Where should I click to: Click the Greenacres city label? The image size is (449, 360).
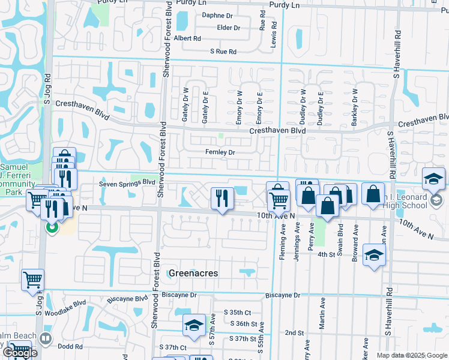click(193, 273)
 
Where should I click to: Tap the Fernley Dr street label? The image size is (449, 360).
click(220, 152)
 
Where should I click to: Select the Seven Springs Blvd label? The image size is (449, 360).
click(127, 181)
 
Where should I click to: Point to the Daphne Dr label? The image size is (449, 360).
click(217, 15)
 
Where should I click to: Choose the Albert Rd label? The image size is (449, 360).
click(187, 38)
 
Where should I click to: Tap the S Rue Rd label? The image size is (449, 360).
click(223, 52)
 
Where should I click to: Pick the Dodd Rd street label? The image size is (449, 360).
click(70, 346)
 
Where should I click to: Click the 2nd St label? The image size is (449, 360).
click(294, 332)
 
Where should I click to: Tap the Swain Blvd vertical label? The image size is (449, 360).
click(340, 233)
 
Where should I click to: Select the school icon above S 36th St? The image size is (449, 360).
click(194, 325)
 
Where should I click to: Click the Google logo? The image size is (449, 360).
click(20, 353)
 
